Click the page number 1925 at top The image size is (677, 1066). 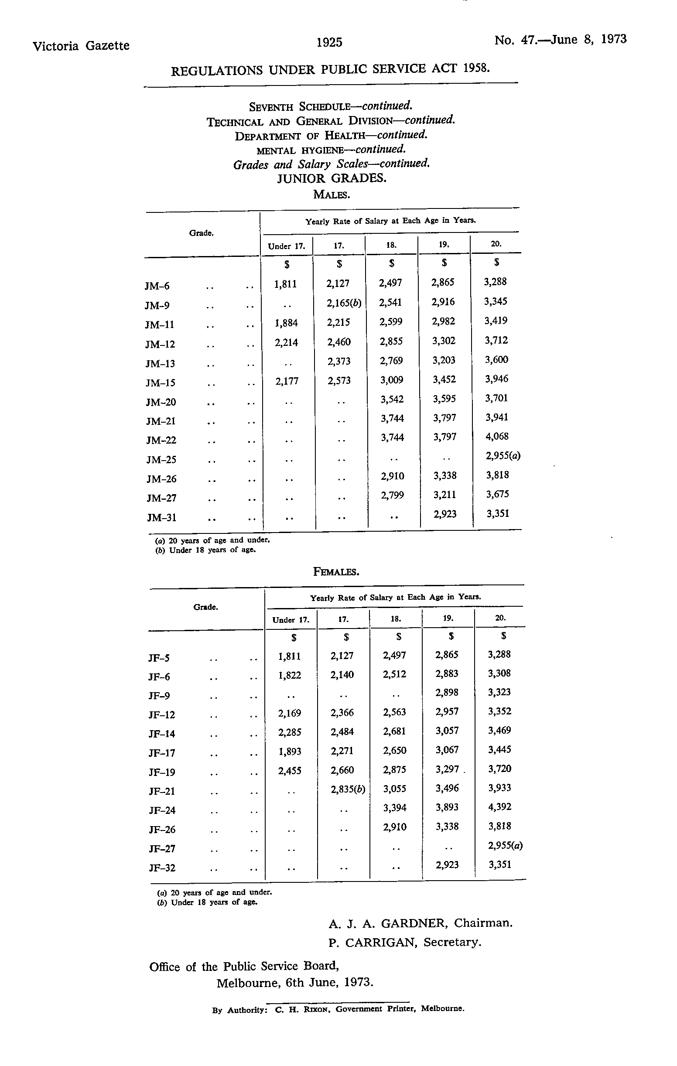(329, 42)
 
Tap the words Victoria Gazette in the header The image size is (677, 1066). (81, 46)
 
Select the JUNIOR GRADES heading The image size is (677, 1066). (332, 178)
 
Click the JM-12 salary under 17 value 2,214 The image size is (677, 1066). (286, 342)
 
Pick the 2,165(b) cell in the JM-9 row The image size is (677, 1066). (344, 303)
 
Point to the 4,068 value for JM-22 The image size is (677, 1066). (497, 437)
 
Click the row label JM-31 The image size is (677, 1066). (161, 517)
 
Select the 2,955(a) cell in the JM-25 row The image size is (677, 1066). (503, 456)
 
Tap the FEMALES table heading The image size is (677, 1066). (336, 571)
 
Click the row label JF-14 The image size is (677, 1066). (162, 734)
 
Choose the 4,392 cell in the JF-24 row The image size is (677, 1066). (499, 806)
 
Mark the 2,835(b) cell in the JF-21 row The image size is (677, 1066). (348, 789)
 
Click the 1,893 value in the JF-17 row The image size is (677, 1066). (290, 751)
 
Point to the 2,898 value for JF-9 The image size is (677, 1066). (447, 692)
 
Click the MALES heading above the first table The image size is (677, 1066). (331, 195)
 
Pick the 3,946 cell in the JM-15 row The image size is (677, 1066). (496, 379)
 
